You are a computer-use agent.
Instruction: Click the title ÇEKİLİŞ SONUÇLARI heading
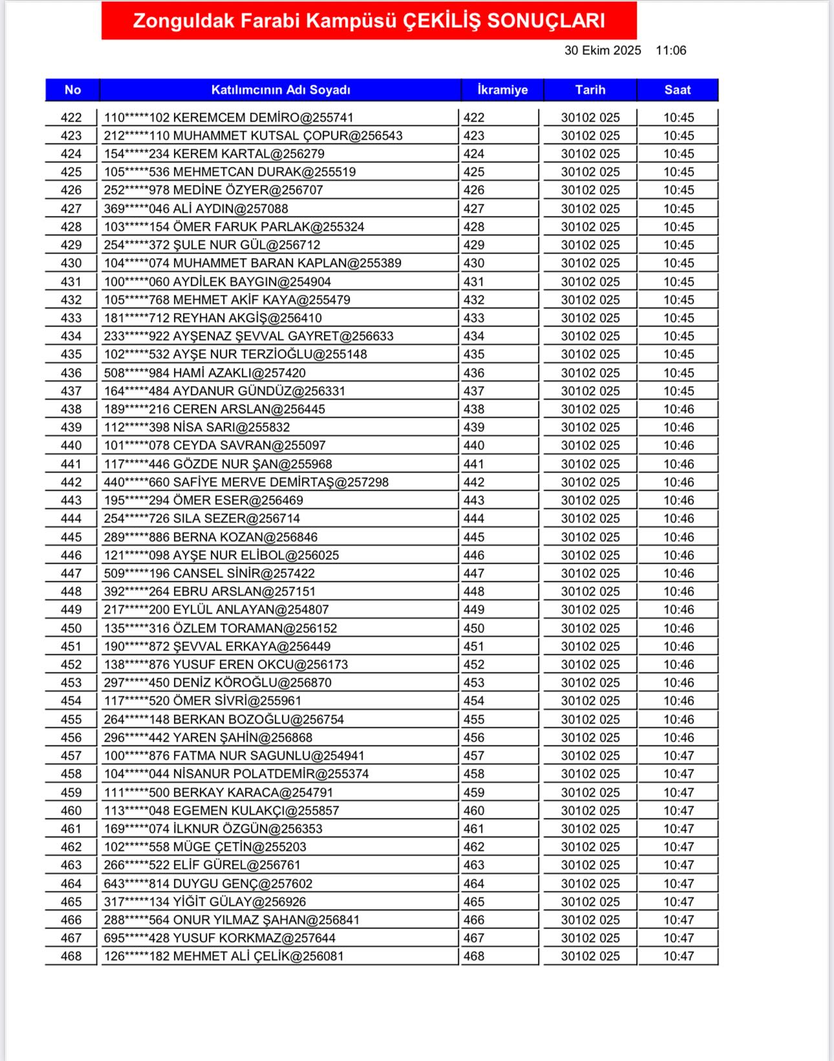[369, 21]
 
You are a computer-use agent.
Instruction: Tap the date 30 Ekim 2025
[603, 50]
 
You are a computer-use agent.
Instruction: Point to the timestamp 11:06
[670, 50]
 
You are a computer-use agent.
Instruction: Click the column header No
[72, 90]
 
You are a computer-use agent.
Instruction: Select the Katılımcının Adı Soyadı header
[281, 90]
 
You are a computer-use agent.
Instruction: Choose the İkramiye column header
[502, 90]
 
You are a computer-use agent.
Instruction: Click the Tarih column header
[590, 90]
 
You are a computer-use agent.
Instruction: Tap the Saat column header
[678, 90]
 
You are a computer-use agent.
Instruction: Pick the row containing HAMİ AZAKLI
[205, 373]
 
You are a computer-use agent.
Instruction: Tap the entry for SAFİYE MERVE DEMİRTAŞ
[246, 482]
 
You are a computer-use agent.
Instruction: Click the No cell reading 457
[71, 756]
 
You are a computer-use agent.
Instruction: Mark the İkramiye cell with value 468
[474, 956]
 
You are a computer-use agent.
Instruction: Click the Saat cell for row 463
[678, 865]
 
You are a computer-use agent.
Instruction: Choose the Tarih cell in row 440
[590, 445]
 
